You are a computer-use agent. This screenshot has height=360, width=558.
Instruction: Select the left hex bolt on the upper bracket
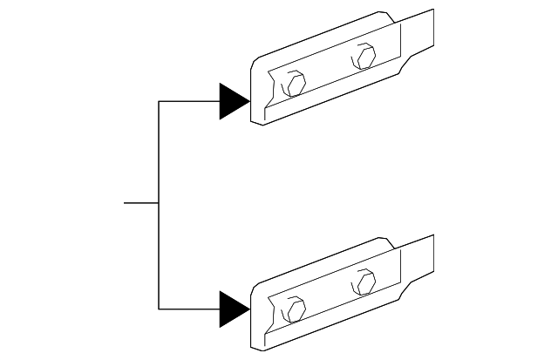point(296,85)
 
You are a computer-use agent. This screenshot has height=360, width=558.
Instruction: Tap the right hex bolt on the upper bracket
point(364,58)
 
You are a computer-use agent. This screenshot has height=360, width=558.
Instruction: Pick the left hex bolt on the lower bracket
point(296,309)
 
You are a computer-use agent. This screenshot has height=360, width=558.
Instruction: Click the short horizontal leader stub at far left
point(140,204)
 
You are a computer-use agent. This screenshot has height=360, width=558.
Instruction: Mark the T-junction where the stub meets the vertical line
point(159,204)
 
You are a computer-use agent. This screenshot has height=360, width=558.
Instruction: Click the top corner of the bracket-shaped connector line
point(159,102)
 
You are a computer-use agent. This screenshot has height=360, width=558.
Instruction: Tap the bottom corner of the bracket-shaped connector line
point(159,309)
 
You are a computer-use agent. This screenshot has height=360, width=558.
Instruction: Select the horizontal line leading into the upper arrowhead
point(188,102)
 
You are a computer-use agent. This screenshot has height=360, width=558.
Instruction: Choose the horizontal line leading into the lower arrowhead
point(188,309)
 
